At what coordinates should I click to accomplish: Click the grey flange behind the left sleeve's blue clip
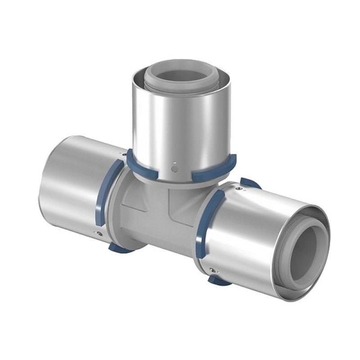(x=115, y=211)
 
